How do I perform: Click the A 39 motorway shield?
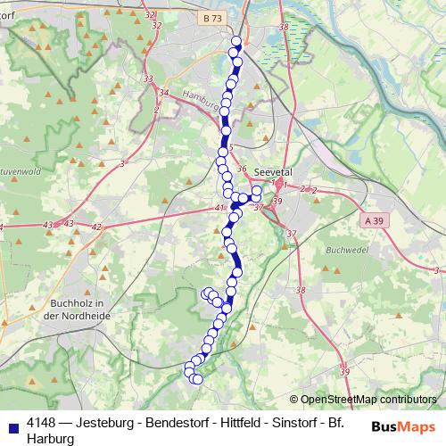(x=375, y=219)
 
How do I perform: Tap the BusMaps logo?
(x=404, y=425)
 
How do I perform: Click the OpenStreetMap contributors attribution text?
(x=368, y=400)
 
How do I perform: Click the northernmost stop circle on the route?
(x=236, y=41)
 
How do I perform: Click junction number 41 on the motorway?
(x=220, y=207)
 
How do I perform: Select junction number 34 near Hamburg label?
(x=163, y=92)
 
